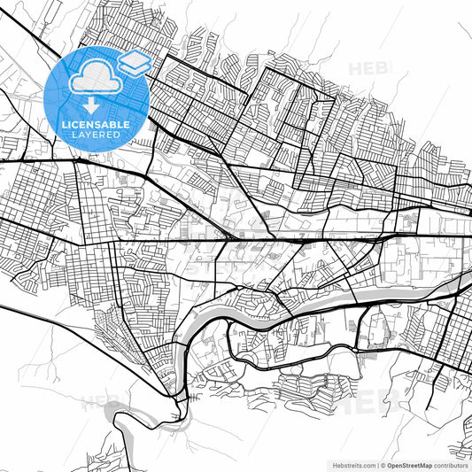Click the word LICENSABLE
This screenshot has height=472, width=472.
(x=97, y=125)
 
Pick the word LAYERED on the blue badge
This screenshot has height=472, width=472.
(x=97, y=136)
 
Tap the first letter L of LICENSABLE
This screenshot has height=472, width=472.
(x=64, y=125)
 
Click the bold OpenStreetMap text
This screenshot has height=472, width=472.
(x=412, y=463)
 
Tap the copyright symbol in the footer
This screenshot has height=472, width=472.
(x=383, y=463)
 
